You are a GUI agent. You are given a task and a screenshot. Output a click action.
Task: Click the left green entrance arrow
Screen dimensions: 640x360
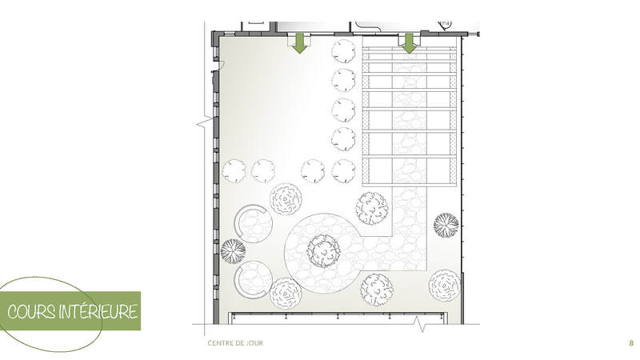click(x=300, y=43)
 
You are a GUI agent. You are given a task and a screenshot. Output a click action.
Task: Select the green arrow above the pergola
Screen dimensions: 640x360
click(x=409, y=43)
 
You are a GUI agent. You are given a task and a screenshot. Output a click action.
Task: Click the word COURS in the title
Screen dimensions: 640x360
click(x=31, y=312)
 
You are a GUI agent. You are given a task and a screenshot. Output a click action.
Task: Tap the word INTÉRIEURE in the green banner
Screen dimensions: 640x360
click(x=98, y=311)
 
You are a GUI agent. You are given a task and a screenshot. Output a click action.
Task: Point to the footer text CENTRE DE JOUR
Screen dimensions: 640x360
click(x=235, y=343)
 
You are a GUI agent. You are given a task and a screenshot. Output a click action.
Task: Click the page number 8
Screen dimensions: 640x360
click(x=631, y=343)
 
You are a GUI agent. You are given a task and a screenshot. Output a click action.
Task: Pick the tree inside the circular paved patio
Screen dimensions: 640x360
click(x=323, y=251)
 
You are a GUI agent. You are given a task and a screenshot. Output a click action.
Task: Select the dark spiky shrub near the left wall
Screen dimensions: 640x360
click(x=233, y=251)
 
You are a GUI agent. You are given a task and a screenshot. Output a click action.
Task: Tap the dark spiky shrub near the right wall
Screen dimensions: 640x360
click(x=446, y=225)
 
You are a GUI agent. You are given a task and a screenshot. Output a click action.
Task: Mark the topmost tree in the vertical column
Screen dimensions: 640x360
click(x=343, y=51)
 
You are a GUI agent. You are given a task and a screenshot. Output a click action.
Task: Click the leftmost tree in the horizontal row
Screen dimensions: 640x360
click(x=234, y=171)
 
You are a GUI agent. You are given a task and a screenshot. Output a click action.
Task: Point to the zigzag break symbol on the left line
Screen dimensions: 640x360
click(x=204, y=122)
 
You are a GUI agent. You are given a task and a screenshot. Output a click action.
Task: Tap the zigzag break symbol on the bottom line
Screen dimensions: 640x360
click(x=421, y=324)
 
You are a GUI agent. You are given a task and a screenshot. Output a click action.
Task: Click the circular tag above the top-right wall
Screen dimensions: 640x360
click(x=445, y=25)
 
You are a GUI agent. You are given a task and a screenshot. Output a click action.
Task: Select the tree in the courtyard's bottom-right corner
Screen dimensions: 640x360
click(x=445, y=286)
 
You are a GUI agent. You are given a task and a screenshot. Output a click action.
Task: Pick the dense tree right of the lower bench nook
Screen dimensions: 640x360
click(x=286, y=294)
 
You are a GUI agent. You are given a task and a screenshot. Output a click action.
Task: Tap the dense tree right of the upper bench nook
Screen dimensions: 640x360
click(x=286, y=199)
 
